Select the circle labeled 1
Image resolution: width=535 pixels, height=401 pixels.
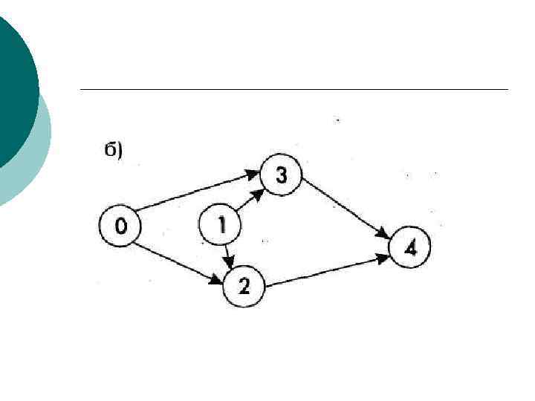click(x=220, y=224)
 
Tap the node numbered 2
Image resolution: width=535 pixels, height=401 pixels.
click(x=244, y=286)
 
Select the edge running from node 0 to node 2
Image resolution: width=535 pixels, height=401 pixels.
click(x=175, y=260)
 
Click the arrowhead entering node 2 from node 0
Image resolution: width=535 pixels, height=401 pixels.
click(x=217, y=281)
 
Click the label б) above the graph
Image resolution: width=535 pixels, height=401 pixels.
click(x=113, y=150)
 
